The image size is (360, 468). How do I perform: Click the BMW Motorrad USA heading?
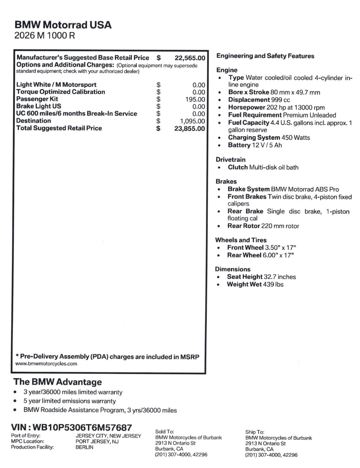[x=63, y=25]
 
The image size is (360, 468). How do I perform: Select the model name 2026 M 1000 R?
[x=45, y=36]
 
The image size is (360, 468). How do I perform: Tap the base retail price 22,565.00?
[x=190, y=58]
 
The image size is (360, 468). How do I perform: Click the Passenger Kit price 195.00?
[x=195, y=100]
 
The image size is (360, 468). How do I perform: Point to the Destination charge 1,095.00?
[x=192, y=121]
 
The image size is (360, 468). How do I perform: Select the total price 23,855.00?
[x=189, y=129]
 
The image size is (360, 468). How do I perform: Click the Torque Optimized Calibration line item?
[x=60, y=92]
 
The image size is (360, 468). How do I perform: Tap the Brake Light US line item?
[x=39, y=106]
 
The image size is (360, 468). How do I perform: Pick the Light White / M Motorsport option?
[x=56, y=85]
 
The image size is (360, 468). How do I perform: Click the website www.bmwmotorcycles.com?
[x=46, y=364]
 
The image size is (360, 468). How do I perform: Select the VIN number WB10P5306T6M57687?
[x=82, y=428]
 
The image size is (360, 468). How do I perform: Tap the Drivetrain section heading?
[x=230, y=160]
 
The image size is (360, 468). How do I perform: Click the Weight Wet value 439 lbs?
[x=273, y=284]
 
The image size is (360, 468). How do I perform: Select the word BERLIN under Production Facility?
[x=84, y=447]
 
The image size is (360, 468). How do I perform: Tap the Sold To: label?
[x=164, y=432]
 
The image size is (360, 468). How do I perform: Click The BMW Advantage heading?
[x=57, y=382]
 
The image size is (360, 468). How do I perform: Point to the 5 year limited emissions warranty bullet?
[x=69, y=401]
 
